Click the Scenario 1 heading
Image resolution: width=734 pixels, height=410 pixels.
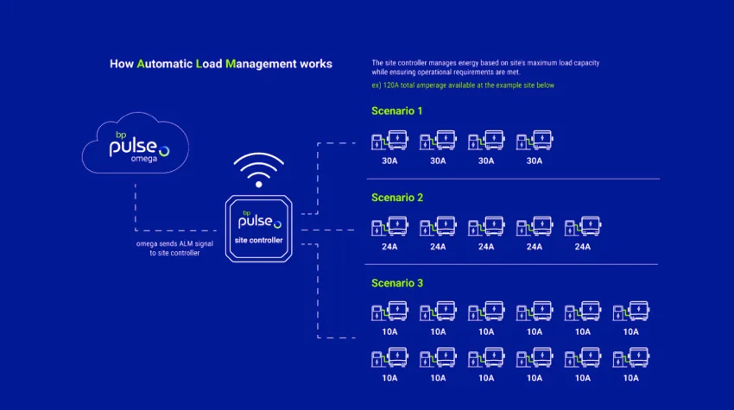[x=397, y=111]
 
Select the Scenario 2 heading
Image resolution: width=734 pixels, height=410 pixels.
[x=397, y=198]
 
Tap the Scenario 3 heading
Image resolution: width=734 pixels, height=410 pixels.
[x=397, y=283]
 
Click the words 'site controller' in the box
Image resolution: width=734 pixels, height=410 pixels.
[x=259, y=240]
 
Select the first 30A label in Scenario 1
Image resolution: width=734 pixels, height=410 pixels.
[x=389, y=161]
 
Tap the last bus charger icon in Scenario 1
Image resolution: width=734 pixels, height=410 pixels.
[x=535, y=141]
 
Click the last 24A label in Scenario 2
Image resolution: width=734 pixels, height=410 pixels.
[x=583, y=247]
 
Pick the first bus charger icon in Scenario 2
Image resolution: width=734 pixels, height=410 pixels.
[x=389, y=227]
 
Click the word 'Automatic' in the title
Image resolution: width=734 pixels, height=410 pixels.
[x=164, y=64]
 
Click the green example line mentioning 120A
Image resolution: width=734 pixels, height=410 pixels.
[x=462, y=85]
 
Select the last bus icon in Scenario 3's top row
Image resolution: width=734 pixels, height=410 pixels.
[x=631, y=312]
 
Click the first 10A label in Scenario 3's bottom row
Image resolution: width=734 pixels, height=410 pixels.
[x=389, y=377]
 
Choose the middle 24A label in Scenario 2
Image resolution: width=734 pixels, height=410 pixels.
[x=486, y=247]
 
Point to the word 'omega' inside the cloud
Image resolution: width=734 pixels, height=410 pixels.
[x=144, y=160]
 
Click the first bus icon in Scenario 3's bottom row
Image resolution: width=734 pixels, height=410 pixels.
[x=389, y=357]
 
